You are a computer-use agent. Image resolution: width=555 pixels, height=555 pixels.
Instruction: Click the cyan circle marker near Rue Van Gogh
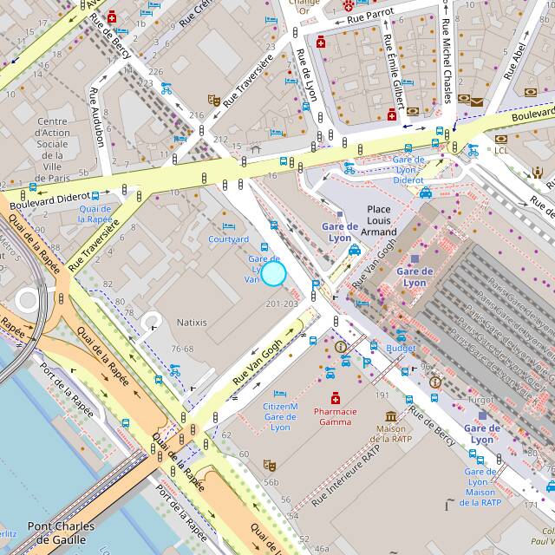(x=273, y=274)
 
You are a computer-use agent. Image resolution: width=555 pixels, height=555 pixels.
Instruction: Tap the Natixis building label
(x=192, y=323)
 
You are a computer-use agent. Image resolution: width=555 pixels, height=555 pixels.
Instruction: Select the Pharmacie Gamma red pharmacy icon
(x=335, y=397)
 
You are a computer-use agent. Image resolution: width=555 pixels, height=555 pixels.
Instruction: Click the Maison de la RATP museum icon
(x=391, y=416)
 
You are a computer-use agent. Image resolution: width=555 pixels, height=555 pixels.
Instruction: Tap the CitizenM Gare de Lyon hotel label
(x=280, y=417)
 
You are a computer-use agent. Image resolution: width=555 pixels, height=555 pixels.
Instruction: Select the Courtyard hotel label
(x=229, y=239)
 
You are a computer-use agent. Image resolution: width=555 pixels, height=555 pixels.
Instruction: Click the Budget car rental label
(x=401, y=348)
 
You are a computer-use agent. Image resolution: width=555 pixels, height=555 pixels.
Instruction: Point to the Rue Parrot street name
(x=370, y=16)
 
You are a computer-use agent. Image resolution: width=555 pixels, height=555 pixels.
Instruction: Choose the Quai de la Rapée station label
(x=95, y=213)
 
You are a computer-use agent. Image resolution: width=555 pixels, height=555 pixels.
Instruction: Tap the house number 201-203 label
(x=282, y=304)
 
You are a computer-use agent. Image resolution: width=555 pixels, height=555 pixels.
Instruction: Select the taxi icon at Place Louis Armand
(x=355, y=250)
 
